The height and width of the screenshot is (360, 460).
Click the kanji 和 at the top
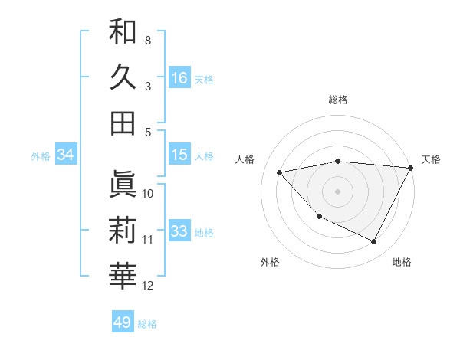(x=123, y=31)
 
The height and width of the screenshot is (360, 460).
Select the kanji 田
(x=123, y=123)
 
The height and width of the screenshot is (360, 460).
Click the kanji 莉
(x=123, y=231)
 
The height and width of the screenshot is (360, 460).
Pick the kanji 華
(x=123, y=277)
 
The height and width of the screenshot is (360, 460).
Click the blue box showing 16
(x=179, y=77)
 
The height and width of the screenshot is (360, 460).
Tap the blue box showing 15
(x=179, y=154)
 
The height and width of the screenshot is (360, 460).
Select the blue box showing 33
(x=179, y=231)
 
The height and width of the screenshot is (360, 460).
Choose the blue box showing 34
(x=66, y=155)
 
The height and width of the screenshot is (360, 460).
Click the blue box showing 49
(x=123, y=322)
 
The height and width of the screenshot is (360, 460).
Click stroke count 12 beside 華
(x=148, y=286)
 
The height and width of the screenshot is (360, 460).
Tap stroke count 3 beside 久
(x=148, y=86)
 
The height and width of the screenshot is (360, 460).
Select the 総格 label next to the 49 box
(x=148, y=324)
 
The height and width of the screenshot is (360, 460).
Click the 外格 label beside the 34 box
(x=41, y=156)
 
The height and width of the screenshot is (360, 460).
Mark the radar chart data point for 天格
(x=410, y=169)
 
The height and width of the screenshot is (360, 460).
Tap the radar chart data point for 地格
(x=373, y=242)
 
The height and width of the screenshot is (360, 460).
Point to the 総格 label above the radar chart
(x=337, y=100)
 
